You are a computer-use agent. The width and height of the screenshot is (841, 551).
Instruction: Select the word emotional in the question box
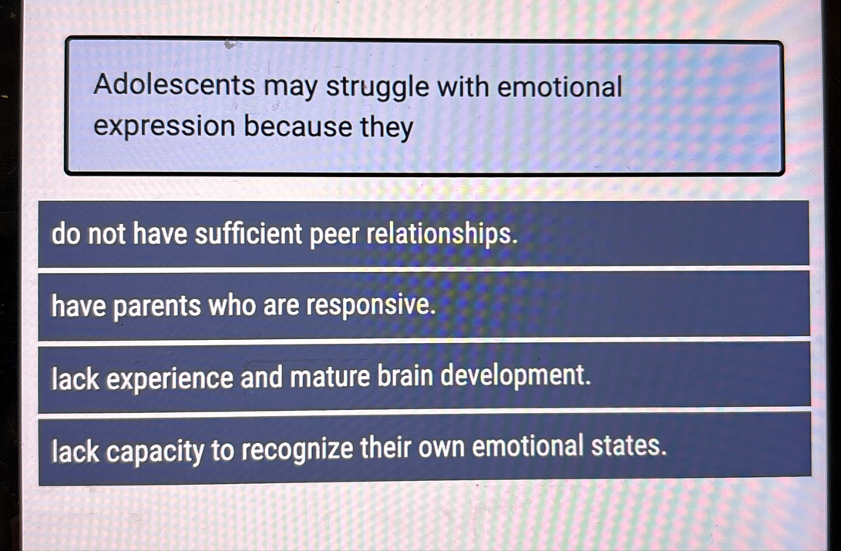[x=559, y=86]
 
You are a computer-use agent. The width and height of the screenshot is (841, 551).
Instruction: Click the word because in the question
[x=298, y=126]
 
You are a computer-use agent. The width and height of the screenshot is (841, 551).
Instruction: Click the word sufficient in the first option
[x=250, y=234]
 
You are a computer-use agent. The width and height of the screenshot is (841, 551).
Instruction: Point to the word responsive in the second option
[x=372, y=307]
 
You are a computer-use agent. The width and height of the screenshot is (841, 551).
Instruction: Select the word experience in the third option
[x=170, y=379]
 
